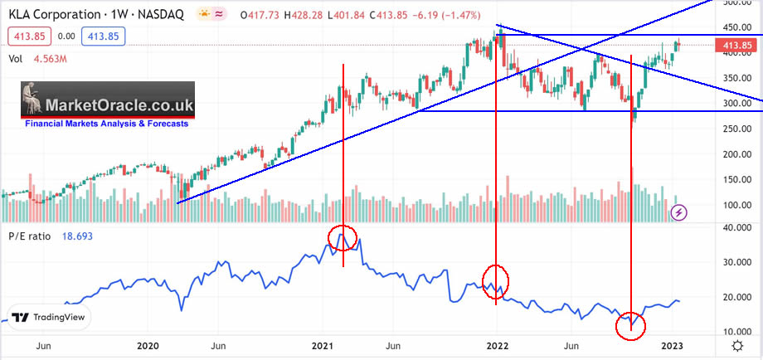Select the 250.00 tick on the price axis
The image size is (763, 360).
coord(731,129)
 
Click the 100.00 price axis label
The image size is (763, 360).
coord(731,206)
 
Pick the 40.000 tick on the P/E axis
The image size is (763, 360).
coord(731,228)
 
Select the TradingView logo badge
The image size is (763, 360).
coord(51,318)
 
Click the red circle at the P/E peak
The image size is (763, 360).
coord(343,238)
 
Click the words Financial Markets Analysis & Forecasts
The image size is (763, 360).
coord(106,124)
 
